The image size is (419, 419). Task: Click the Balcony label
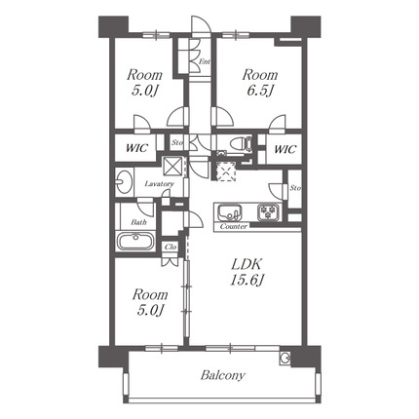pyautogui.click(x=222, y=375)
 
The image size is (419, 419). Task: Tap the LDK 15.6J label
pyautogui.click(x=246, y=273)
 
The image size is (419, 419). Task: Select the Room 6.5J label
pyautogui.click(x=259, y=83)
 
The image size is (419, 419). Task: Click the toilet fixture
pyautogui.click(x=241, y=143)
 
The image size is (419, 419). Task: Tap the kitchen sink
pyautogui.click(x=229, y=212)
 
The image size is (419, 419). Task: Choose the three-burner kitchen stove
pyautogui.click(x=268, y=212)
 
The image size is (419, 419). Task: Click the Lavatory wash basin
pyautogui.click(x=124, y=181)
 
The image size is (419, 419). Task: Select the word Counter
pyautogui.click(x=234, y=226)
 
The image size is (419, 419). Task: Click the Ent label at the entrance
pyautogui.click(x=205, y=61)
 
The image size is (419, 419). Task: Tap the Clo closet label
pyautogui.click(x=171, y=247)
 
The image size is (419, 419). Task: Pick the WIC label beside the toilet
pyautogui.click(x=285, y=149)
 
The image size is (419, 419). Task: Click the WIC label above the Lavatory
pyautogui.click(x=136, y=148)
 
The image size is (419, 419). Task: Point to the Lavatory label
pyautogui.click(x=159, y=184)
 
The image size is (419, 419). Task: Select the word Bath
pyautogui.click(x=138, y=222)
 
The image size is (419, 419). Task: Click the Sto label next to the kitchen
pyautogui.click(x=295, y=188)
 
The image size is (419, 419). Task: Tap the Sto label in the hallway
pyautogui.click(x=177, y=142)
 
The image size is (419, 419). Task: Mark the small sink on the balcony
pyautogui.click(x=285, y=358)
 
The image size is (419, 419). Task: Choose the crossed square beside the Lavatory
pyautogui.click(x=172, y=166)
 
